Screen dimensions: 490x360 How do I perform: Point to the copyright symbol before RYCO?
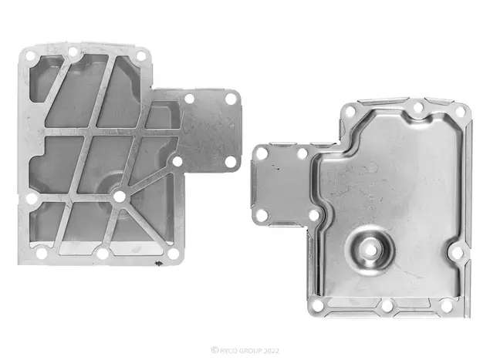tap(215, 350)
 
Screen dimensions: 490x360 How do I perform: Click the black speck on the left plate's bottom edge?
tap(159, 264)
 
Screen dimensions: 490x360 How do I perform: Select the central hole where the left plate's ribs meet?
tap(119, 197)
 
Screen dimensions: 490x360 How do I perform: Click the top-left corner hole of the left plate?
tap(31, 56)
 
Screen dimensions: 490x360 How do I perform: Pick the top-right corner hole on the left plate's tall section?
tap(141, 56)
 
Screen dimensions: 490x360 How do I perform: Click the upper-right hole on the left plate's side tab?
tap(231, 99)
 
